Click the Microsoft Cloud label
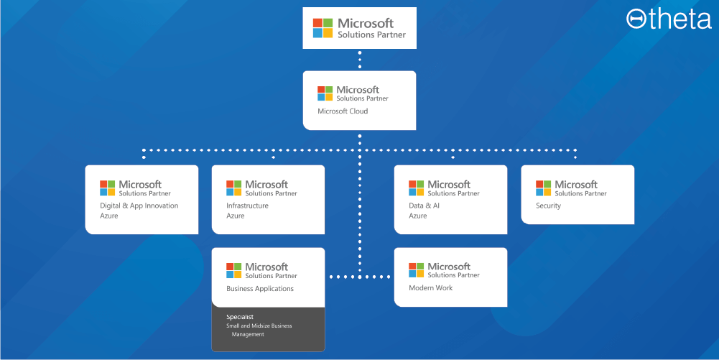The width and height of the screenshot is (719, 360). [343, 111]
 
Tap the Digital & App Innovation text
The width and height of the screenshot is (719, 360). [139, 206]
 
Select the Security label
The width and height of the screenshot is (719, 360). [548, 206]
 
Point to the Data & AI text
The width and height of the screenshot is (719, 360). [424, 206]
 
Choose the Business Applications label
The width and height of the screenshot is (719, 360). [260, 289]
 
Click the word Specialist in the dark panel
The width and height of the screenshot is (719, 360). [240, 317]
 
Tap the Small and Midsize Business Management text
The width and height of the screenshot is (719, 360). [259, 330]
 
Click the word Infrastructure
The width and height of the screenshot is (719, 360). [247, 206]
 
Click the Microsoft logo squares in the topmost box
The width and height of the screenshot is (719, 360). [323, 28]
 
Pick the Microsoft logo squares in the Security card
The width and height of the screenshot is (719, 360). [544, 188]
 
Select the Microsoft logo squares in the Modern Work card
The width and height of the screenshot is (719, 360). [417, 270]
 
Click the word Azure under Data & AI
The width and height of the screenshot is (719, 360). [417, 216]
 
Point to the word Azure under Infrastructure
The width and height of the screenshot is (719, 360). [236, 216]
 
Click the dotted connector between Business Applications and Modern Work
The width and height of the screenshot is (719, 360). [359, 277]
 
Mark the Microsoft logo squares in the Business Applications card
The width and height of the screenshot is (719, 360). [234, 271]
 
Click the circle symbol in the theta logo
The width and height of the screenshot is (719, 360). [636, 19]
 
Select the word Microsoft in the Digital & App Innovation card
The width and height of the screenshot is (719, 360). [140, 185]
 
